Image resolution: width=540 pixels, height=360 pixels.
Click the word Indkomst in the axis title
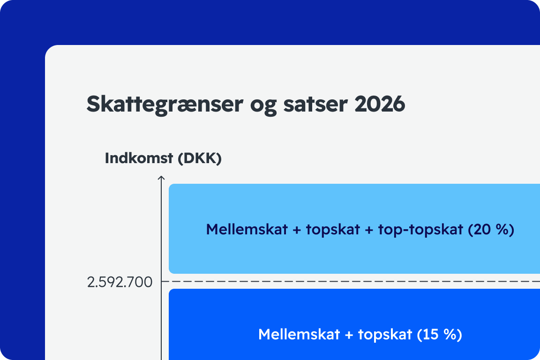point(139,158)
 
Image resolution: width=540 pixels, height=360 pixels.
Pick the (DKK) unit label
point(200,158)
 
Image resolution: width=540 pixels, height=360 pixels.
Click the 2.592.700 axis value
point(120,282)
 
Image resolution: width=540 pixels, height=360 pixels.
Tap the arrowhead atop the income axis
point(161,177)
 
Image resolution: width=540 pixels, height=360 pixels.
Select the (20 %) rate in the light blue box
point(491,229)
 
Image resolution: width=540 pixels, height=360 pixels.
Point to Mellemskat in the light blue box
point(247,229)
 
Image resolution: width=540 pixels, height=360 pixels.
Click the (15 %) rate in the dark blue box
point(439,335)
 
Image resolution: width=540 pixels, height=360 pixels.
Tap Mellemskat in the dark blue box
point(299,335)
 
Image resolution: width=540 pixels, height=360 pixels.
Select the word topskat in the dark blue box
point(385,335)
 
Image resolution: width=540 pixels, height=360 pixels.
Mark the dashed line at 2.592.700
point(351,281)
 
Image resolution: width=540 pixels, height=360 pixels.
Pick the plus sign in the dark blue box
point(349,335)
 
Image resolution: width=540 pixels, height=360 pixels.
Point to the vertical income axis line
point(161,268)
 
